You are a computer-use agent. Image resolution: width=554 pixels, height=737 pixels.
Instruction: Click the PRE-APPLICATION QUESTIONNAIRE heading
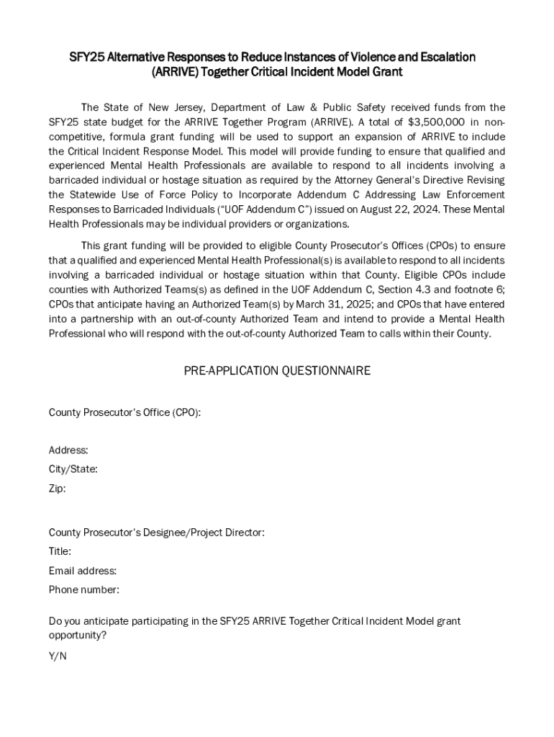[277, 371]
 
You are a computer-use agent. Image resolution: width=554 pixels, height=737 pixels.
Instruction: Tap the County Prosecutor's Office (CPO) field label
[124, 412]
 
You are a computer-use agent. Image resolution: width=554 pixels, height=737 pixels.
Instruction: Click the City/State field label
[73, 469]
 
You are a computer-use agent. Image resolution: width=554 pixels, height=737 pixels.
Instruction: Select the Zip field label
[57, 489]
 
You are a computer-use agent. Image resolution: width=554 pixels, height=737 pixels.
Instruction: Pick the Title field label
[60, 551]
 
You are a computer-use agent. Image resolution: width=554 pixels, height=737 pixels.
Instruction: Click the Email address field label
[82, 571]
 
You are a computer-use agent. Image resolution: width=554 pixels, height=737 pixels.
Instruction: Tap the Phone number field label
[83, 590]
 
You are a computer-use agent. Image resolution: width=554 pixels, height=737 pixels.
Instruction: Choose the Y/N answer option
[58, 656]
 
